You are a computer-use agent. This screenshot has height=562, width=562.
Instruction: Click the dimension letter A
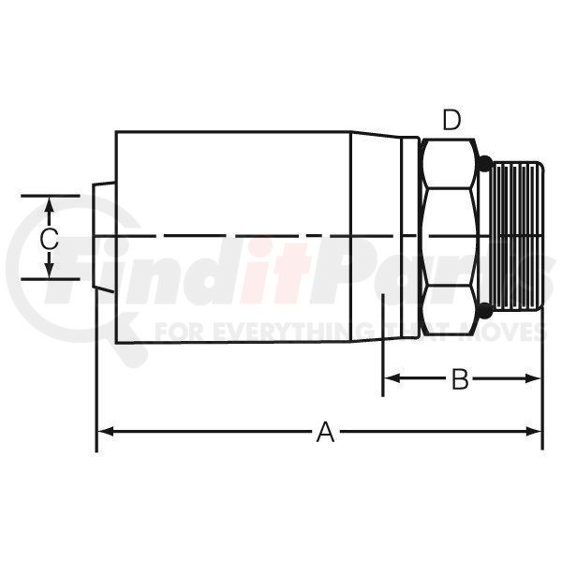(325, 432)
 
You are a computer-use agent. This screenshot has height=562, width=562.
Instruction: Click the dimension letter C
(49, 239)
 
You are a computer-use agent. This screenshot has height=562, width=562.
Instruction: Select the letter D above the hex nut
(451, 120)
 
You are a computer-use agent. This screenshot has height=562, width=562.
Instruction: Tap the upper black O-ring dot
(484, 163)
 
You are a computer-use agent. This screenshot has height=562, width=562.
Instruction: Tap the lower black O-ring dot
(484, 310)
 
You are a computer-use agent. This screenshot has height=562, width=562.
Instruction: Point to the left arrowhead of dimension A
(106, 431)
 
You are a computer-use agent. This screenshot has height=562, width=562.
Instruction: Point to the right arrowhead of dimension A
(533, 431)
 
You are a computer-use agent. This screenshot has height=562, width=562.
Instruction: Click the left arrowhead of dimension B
(392, 378)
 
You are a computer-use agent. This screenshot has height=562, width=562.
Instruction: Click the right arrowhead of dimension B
(533, 378)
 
